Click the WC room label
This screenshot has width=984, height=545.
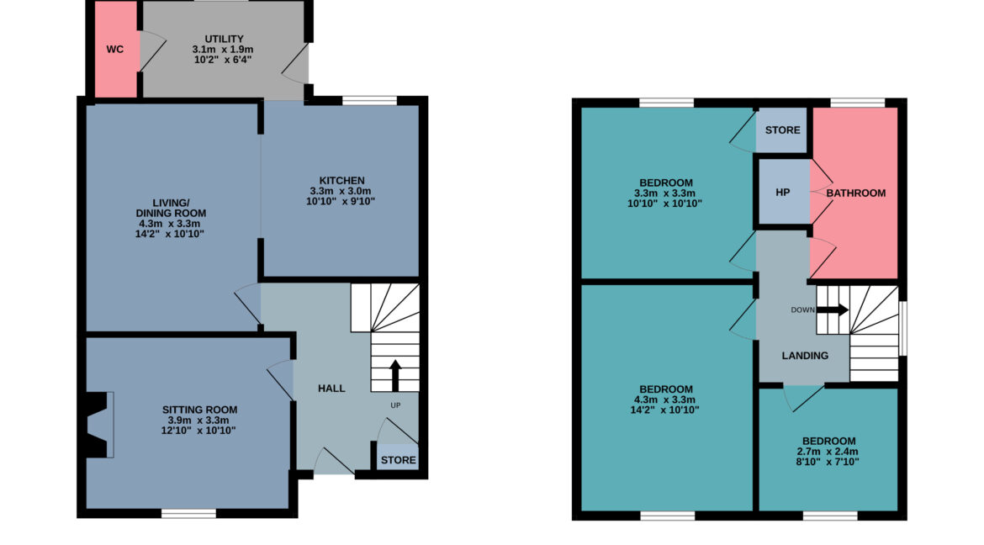[115, 50]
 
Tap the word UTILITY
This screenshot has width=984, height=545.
[224, 39]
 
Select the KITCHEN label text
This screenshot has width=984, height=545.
[341, 180]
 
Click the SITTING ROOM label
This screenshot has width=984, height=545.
[199, 410]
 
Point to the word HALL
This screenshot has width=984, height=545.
[331, 389]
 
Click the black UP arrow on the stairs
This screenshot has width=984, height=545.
[395, 375]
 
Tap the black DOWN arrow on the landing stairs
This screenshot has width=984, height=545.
[833, 310]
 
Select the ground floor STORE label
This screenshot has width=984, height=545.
[399, 460]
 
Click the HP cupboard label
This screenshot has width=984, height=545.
[782, 193]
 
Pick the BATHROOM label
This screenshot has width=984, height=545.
[856, 193]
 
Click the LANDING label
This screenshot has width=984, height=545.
[805, 356]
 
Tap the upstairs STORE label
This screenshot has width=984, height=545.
[782, 130]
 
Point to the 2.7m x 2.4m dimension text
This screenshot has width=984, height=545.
[828, 452]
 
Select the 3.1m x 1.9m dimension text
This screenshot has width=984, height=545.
[223, 50]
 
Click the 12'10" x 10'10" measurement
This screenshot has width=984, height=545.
[198, 431]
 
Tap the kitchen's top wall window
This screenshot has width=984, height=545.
[369, 100]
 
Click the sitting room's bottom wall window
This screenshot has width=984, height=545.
[189, 514]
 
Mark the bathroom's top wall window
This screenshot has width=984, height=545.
[858, 103]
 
